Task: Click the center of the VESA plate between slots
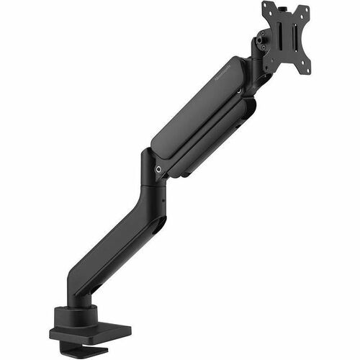point(286,40)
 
